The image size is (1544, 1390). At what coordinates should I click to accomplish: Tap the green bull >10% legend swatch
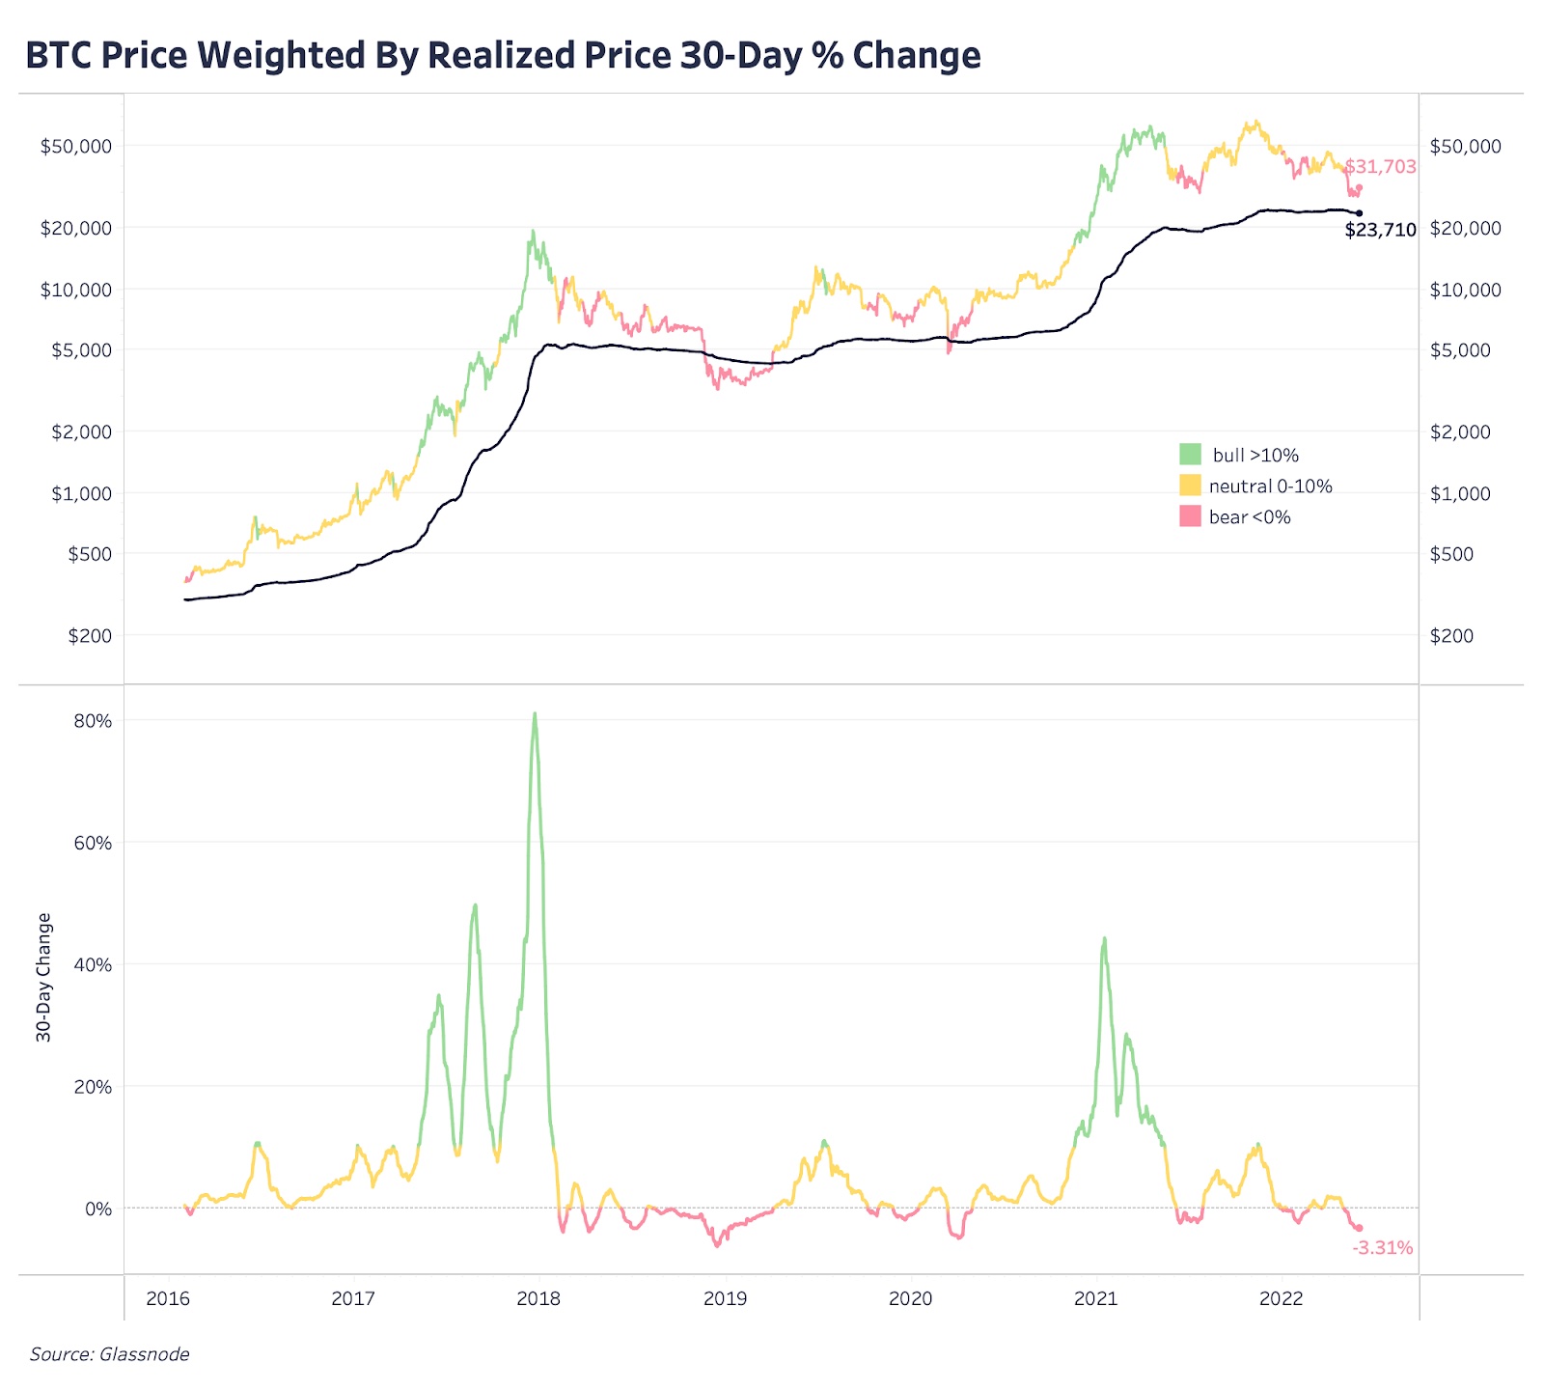pyautogui.click(x=1190, y=455)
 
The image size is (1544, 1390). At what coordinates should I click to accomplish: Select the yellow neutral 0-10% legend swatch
pyautogui.click(x=1190, y=486)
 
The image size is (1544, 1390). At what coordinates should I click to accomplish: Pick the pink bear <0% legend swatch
pyautogui.click(x=1190, y=516)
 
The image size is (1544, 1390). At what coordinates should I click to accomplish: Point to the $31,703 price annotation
pyautogui.click(x=1380, y=167)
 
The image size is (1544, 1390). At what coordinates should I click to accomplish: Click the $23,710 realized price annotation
pyautogui.click(x=1380, y=231)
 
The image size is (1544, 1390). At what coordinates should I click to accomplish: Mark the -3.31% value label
pyautogui.click(x=1382, y=1248)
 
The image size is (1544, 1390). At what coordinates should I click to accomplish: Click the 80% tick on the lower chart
pyautogui.click(x=93, y=721)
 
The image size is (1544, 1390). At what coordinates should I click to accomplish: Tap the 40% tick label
pyautogui.click(x=93, y=965)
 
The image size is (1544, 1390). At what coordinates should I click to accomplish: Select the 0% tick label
pyautogui.click(x=98, y=1209)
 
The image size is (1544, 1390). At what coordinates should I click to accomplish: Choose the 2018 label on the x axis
pyautogui.click(x=538, y=1298)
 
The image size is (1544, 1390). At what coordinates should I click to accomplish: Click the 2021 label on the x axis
pyautogui.click(x=1095, y=1298)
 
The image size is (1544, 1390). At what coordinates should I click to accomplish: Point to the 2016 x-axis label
pyautogui.click(x=168, y=1298)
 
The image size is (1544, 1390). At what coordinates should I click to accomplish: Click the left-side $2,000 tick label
pyautogui.click(x=81, y=431)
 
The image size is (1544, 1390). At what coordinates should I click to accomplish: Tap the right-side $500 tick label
pyautogui.click(x=1451, y=554)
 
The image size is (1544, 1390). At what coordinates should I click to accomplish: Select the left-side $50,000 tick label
pyautogui.click(x=75, y=147)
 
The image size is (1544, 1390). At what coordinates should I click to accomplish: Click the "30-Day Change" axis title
pyautogui.click(x=43, y=977)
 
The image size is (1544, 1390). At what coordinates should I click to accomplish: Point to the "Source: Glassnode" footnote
pyautogui.click(x=109, y=1354)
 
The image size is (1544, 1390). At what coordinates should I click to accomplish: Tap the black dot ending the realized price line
pyautogui.click(x=1360, y=213)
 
